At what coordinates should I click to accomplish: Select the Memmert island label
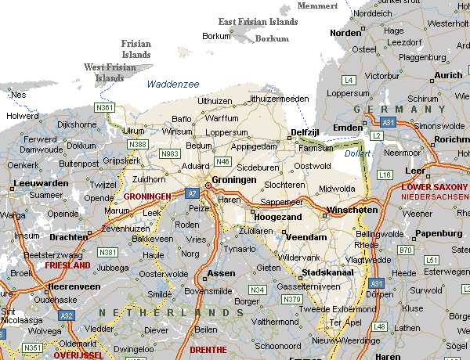(318, 6)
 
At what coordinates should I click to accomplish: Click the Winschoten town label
(352, 210)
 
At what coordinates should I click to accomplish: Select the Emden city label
(348, 128)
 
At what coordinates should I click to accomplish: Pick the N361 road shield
(104, 107)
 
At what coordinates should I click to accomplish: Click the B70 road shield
(405, 250)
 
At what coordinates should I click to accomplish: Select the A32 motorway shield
(67, 315)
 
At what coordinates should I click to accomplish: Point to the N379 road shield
(292, 299)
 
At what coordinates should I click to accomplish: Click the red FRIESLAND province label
(69, 266)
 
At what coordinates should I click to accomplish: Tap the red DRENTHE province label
(208, 349)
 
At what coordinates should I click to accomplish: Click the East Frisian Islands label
(258, 22)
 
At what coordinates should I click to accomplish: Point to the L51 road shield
(432, 259)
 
